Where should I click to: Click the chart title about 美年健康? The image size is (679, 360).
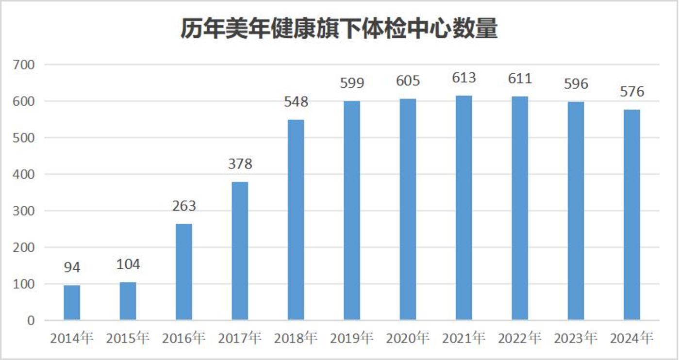pos(339,29)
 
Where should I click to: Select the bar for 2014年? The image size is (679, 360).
pos(72,303)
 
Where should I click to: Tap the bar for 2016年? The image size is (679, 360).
pos(184,272)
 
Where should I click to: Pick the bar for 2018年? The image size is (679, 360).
pos(296,220)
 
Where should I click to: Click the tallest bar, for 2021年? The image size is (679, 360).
pos(464,208)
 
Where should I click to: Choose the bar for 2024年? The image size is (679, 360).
pos(632,214)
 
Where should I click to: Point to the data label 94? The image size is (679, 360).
pos(72,267)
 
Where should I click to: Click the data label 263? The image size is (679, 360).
pos(184,206)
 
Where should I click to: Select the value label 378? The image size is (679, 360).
pos(240,164)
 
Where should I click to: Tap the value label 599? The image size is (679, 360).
pos(352,83)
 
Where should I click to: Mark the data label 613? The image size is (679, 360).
pos(464,78)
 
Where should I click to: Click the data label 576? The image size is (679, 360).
pos(632,91)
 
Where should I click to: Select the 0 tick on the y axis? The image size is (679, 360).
pos(31,321)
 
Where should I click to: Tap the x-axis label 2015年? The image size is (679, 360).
pos(128,338)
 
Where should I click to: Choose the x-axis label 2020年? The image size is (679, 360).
pos(408,338)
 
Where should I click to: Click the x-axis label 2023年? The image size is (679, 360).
pos(576,338)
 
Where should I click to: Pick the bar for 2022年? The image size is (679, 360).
pos(520,208)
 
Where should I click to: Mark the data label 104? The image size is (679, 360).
pos(128,264)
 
